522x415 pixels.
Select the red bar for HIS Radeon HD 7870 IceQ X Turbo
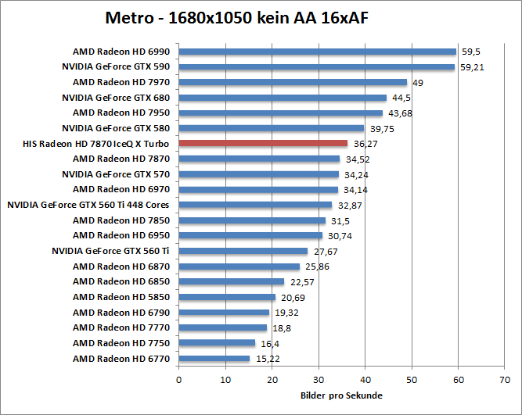(263, 143)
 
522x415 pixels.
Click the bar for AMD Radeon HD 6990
(317, 52)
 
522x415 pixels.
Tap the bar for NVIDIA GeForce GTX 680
(283, 98)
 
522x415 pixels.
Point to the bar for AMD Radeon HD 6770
(214, 359)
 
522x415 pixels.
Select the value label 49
(418, 82)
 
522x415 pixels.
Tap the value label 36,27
(365, 144)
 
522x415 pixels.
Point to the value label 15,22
(267, 359)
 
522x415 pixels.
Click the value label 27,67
(325, 251)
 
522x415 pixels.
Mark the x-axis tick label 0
(179, 380)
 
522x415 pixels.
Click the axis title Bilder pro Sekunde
(341, 395)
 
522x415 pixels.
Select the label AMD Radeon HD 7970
(121, 82)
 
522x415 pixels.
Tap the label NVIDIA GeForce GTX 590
(116, 67)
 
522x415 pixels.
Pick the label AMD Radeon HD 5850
(121, 297)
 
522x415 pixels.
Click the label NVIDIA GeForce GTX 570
(116, 174)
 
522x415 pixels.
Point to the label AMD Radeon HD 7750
(121, 343)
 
